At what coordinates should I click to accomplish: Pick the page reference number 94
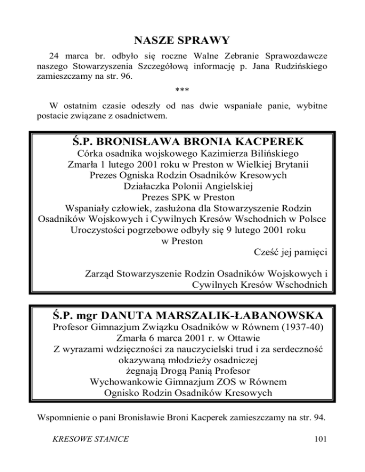click(319, 418)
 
